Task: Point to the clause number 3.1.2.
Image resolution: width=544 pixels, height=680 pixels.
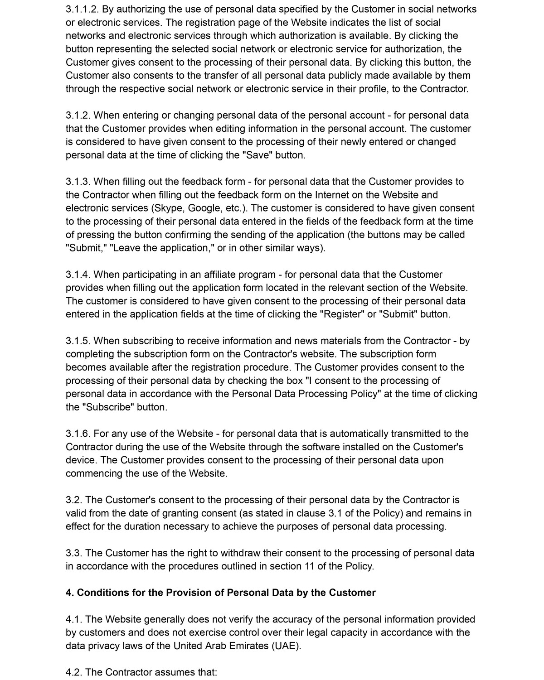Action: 78,115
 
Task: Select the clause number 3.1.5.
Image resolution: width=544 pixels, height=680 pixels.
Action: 78,341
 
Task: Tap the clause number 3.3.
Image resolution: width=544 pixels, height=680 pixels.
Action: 74,553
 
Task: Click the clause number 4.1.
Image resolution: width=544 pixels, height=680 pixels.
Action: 74,619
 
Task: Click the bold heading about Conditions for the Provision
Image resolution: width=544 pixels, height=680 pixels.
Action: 220,593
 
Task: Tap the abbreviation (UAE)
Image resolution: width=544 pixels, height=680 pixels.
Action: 286,646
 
